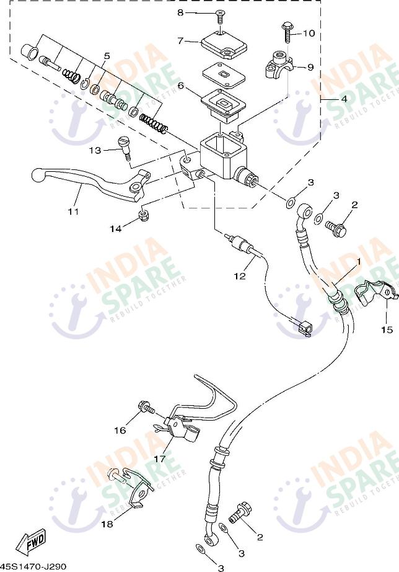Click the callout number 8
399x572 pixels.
(x=180, y=13)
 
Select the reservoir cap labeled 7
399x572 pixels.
(x=224, y=45)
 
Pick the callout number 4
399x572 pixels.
(x=344, y=99)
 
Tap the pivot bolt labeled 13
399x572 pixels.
(x=124, y=148)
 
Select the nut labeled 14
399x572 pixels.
(x=144, y=216)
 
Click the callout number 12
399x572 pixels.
(x=240, y=276)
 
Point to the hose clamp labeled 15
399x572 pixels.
(x=374, y=295)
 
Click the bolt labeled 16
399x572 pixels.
(x=146, y=408)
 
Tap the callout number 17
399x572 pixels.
(x=160, y=459)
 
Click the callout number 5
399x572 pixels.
(x=107, y=56)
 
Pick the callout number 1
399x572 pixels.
(x=359, y=261)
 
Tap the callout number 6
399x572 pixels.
(x=180, y=86)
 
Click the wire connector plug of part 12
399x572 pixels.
(x=304, y=327)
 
